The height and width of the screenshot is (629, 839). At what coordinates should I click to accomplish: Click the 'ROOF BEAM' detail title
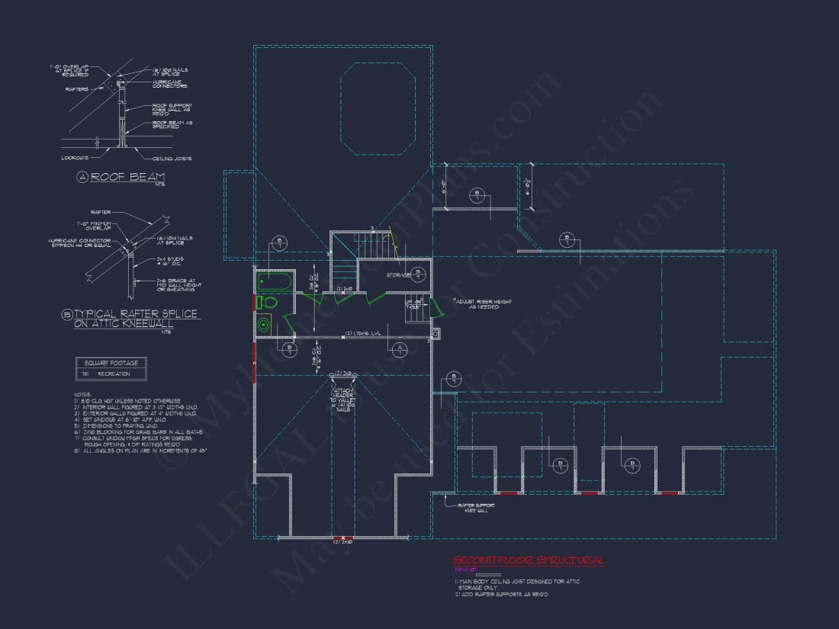[x=127, y=177]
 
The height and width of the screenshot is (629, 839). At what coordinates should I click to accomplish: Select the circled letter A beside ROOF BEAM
[x=82, y=177]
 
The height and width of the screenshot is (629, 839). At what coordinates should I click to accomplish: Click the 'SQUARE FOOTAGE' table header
[x=112, y=363]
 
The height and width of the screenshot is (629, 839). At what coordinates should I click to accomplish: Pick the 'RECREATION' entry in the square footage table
[x=114, y=374]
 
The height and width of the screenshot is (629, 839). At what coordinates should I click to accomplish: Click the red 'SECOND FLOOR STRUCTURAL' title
[x=528, y=560]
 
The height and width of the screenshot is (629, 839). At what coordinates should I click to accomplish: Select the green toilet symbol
[x=267, y=302]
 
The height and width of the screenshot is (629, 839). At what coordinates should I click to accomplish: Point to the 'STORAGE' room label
[x=398, y=274]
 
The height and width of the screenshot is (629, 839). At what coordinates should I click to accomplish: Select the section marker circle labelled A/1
[x=400, y=350]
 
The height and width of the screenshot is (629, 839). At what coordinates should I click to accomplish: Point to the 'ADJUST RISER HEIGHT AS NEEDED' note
[x=479, y=303]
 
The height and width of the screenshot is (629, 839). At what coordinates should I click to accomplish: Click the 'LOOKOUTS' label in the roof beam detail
[x=76, y=159]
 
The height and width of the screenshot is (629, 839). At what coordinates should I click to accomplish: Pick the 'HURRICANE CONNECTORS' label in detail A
[x=170, y=84]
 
